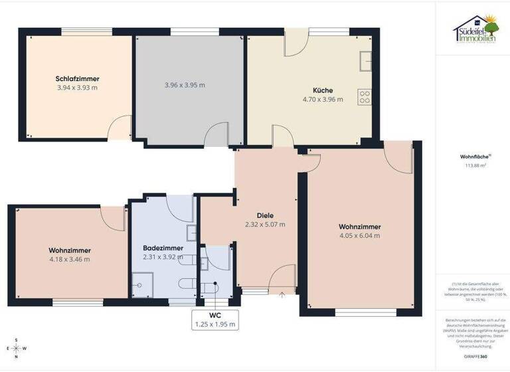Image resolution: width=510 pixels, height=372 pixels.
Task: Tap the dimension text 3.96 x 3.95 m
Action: [185, 85]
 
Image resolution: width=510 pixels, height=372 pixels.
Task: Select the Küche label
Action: [323, 90]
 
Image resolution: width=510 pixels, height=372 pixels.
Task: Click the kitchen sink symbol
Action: [365, 61]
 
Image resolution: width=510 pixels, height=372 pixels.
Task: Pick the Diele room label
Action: [265, 215]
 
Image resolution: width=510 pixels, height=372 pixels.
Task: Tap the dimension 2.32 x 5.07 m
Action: [265, 225]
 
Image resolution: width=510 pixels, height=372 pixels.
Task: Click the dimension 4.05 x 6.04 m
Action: [359, 235]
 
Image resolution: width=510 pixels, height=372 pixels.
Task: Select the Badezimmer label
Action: [163, 248]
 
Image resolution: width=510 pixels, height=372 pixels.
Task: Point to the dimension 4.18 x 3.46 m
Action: [69, 259]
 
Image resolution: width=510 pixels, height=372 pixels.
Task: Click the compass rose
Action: [15, 347]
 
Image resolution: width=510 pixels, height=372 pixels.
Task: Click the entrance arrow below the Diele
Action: [282, 293]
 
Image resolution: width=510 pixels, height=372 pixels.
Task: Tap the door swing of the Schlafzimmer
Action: [120, 127]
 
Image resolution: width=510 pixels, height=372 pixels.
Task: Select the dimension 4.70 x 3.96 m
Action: [323, 100]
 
